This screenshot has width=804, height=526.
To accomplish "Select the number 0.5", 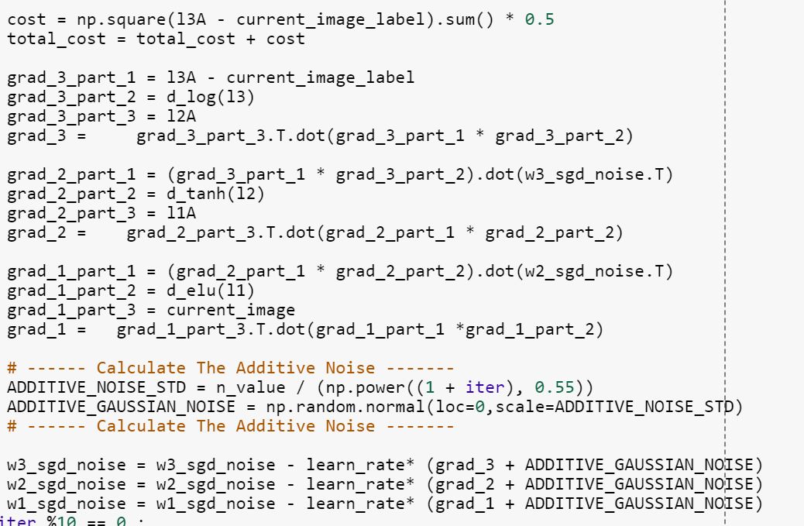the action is click(x=539, y=19).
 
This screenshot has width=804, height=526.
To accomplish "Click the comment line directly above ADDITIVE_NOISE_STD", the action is click(x=230, y=368).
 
